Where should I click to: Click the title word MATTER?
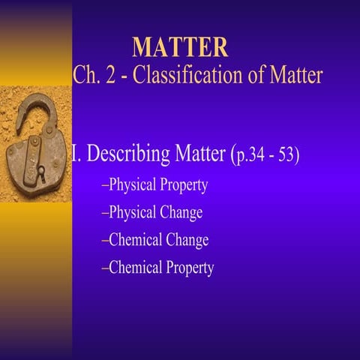click(180, 46)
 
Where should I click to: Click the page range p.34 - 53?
click(268, 157)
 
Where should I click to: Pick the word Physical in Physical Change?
click(132, 213)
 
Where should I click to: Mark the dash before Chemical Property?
click(104, 268)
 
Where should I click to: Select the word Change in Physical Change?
click(181, 213)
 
